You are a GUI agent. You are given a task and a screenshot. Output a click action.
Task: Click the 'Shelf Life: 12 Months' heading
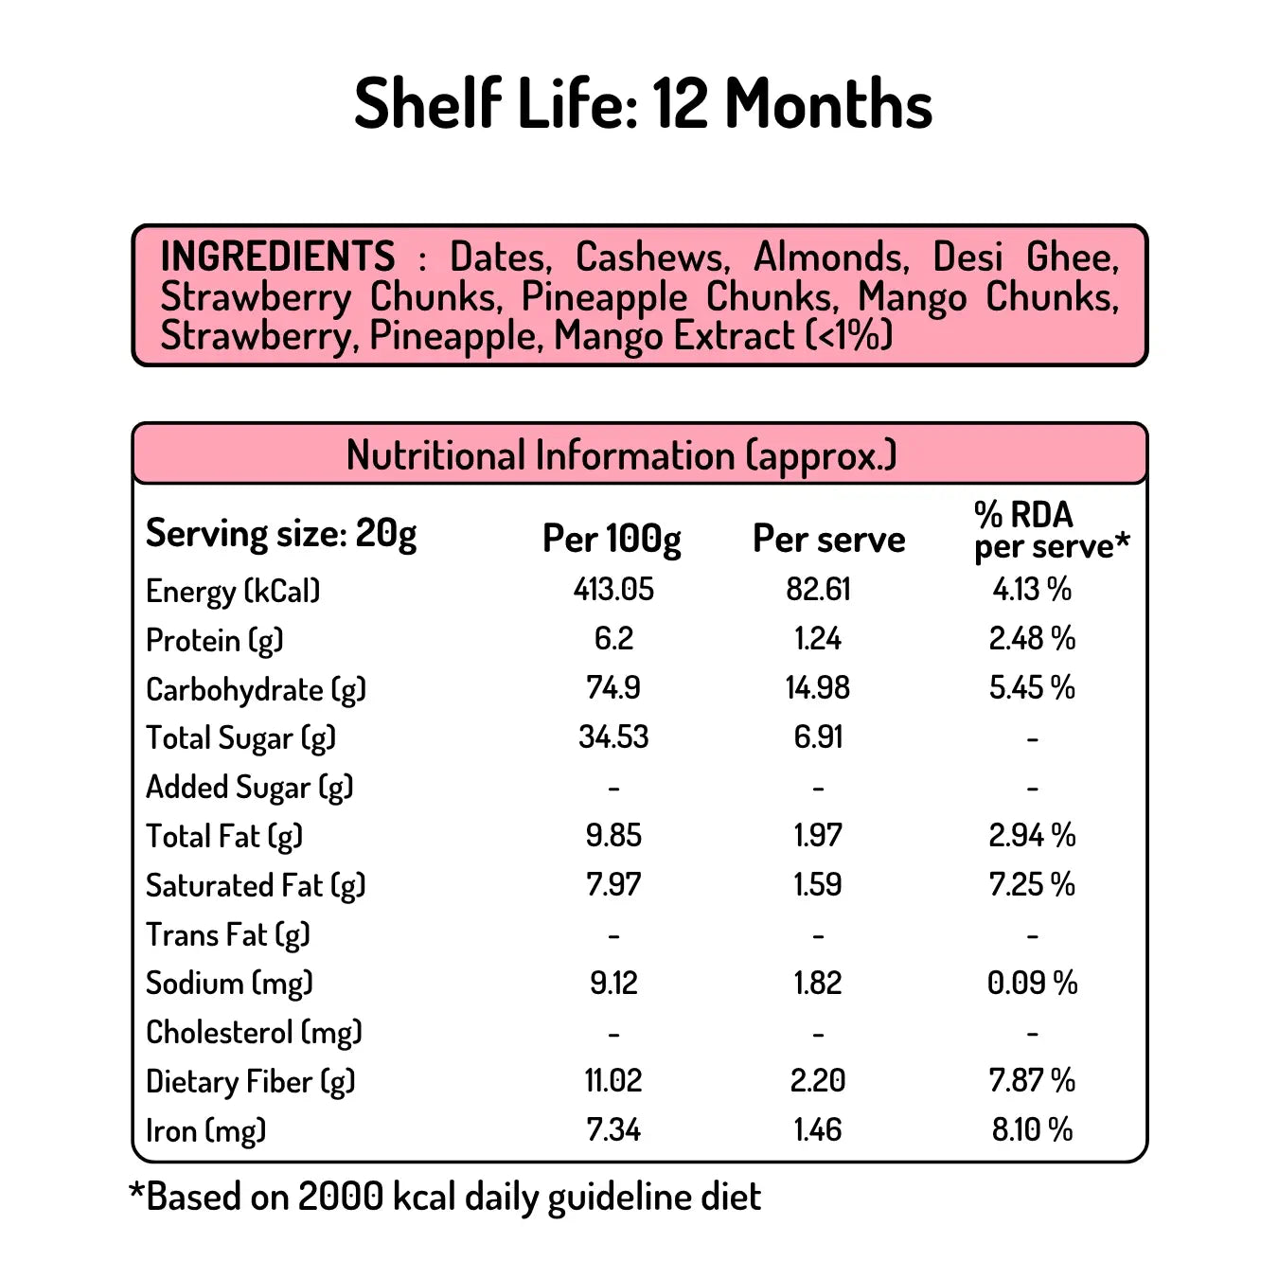pos(643,103)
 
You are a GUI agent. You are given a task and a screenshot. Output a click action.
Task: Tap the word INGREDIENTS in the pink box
pos(277,257)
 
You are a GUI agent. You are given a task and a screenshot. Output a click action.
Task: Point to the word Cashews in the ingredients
pos(652,257)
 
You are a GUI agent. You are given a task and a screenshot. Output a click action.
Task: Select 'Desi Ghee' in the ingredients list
pos(1025,257)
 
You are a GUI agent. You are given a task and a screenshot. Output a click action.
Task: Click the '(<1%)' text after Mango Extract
pos(848,336)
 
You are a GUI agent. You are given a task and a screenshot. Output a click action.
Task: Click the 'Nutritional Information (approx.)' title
pos(621,455)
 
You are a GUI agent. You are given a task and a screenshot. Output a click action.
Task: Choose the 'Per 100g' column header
pos(612,539)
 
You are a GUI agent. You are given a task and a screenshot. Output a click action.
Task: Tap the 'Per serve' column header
pos(828,539)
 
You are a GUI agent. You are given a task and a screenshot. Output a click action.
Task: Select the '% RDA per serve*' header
pos(1051,530)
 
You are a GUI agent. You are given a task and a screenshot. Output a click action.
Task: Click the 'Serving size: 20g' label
pos(281,534)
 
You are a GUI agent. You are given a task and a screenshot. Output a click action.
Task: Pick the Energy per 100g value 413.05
pos(613,590)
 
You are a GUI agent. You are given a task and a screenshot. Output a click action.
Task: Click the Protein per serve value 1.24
pos(818,639)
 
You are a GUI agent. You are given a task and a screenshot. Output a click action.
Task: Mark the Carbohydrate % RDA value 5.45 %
pos(1032,688)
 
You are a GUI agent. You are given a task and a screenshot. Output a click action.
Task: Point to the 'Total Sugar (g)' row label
pos(240,738)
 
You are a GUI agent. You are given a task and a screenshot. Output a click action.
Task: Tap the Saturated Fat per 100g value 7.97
pos(613,885)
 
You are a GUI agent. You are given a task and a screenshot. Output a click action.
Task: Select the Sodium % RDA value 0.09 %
pos(1032,983)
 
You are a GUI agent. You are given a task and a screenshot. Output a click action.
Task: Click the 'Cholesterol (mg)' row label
pos(254,1032)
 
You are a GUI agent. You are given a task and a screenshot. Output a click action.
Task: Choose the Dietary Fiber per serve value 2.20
pos(818,1080)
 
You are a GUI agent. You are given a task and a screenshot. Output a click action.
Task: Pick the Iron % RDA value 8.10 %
pos(1032,1129)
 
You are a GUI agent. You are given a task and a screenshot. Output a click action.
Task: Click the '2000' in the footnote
pos(340,1197)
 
